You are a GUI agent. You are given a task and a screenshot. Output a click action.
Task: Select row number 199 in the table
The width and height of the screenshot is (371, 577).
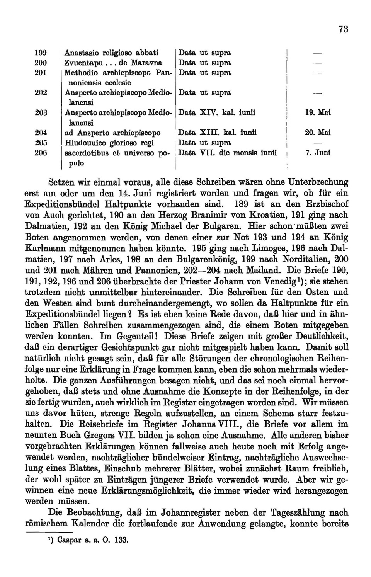coord(41,53)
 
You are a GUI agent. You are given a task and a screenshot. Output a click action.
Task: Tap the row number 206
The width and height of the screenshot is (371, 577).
coord(41,153)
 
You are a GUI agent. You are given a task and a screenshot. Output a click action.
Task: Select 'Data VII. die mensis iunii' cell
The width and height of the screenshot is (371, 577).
coord(228,153)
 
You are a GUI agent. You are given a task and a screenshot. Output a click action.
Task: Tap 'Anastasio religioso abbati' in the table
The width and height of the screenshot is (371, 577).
coord(111,53)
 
